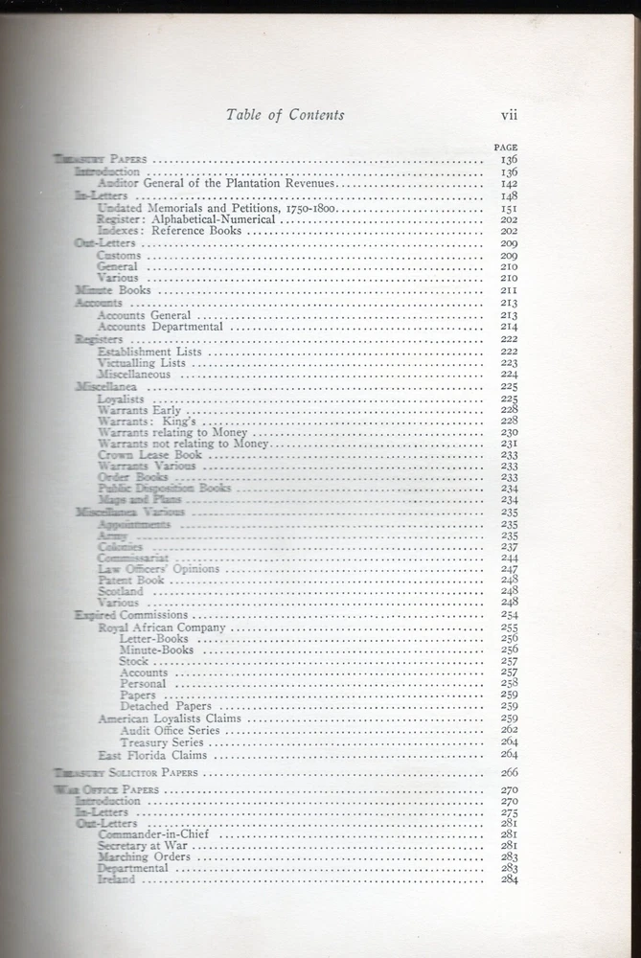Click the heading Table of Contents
285,115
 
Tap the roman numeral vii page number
509,115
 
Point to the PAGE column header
505,147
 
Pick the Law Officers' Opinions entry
158,569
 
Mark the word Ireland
117,879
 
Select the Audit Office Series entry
170,730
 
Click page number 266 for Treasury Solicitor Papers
508,772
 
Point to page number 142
508,183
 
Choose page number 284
508,879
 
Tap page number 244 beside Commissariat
508,558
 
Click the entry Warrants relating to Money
172,432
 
